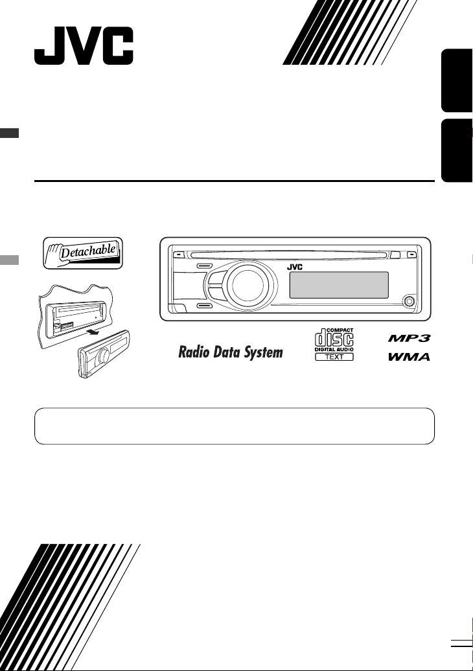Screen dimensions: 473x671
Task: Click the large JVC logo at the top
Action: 84,46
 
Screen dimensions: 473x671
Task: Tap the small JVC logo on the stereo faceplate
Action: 295,267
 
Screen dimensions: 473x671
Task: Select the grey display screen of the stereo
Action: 339,285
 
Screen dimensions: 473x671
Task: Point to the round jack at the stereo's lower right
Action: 409,301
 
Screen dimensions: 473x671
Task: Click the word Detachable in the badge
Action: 88,251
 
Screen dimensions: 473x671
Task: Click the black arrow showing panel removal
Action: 95,332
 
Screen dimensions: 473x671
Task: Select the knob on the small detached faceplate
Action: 104,356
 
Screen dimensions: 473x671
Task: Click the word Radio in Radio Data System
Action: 194,352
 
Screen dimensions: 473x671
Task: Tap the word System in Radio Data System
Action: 264,352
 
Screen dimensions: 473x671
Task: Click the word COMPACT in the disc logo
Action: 340,330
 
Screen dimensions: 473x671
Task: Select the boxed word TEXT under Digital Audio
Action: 334,356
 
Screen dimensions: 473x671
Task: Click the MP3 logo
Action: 409,339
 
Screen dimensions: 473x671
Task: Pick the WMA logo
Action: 409,357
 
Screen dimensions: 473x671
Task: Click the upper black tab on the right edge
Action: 457,80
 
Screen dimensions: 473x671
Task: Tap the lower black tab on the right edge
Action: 457,150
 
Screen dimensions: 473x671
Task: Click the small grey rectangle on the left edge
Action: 10,260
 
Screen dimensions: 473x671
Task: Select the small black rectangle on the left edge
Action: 10,133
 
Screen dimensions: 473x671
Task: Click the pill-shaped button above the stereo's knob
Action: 205,266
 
